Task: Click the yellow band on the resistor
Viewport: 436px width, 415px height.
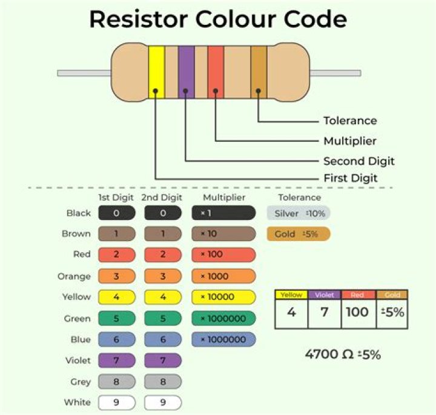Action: (156, 73)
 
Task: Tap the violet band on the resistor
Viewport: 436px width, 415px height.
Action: (186, 73)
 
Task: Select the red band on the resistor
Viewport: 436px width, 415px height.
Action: (216, 73)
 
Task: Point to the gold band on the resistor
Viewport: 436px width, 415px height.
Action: (259, 73)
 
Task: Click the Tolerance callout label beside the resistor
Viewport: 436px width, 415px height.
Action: (349, 121)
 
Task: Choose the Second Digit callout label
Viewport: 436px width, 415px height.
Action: (358, 161)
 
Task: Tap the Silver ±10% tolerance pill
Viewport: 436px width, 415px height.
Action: (299, 213)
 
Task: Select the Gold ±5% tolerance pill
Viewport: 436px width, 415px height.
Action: (299, 234)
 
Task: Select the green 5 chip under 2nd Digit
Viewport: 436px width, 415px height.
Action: (162, 319)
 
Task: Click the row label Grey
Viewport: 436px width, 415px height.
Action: (80, 382)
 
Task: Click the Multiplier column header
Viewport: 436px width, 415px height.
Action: (223, 198)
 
